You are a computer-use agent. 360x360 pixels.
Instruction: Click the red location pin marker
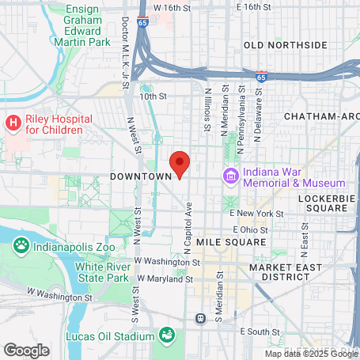click(180, 164)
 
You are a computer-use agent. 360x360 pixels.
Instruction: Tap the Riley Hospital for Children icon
click(13, 123)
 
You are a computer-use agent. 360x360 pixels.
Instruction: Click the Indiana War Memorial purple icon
click(231, 175)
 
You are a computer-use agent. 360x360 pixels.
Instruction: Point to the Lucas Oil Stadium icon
click(167, 335)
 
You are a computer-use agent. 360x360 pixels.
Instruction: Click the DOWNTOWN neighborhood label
click(141, 176)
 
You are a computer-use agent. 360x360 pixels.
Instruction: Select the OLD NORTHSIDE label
click(285, 45)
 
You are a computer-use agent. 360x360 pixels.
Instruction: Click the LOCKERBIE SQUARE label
click(323, 203)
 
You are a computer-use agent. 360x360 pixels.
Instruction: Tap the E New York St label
click(256, 214)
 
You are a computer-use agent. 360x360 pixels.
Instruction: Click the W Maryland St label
click(165, 279)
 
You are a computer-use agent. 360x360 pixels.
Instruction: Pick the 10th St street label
click(154, 97)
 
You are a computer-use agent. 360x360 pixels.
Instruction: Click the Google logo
click(26, 349)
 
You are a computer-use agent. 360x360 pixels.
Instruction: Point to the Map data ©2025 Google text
click(310, 354)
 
